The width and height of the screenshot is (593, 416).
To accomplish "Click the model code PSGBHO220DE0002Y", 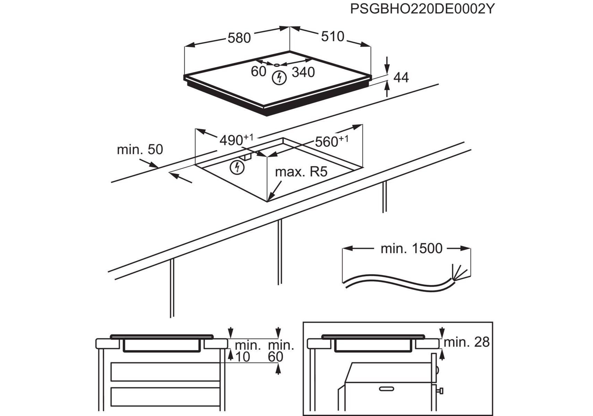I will click(x=422, y=9).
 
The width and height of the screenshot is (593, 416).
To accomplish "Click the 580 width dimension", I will click(x=239, y=38).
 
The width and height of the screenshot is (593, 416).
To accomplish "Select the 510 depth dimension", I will click(x=333, y=36).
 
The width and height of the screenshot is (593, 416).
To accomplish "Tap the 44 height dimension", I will click(x=401, y=77).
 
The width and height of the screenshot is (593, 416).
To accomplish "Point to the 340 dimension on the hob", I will click(x=303, y=72).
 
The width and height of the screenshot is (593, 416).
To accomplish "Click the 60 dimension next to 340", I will click(x=258, y=71).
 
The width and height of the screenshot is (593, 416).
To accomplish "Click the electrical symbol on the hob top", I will click(x=279, y=78).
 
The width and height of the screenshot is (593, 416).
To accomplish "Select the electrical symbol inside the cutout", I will click(x=237, y=168).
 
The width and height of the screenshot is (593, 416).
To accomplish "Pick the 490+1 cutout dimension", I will click(x=236, y=140).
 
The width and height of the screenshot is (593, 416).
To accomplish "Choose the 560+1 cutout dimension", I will click(x=331, y=141).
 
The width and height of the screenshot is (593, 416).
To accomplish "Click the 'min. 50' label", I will click(x=140, y=149).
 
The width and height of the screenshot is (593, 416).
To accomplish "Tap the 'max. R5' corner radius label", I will click(x=301, y=172).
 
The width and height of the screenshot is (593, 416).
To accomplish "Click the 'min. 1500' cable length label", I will click(x=411, y=249).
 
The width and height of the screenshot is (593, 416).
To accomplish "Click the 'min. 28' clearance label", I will click(x=466, y=342).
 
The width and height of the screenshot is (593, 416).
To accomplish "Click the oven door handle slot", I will click(x=388, y=389).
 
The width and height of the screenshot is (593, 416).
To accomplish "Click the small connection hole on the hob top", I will click(x=276, y=65).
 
